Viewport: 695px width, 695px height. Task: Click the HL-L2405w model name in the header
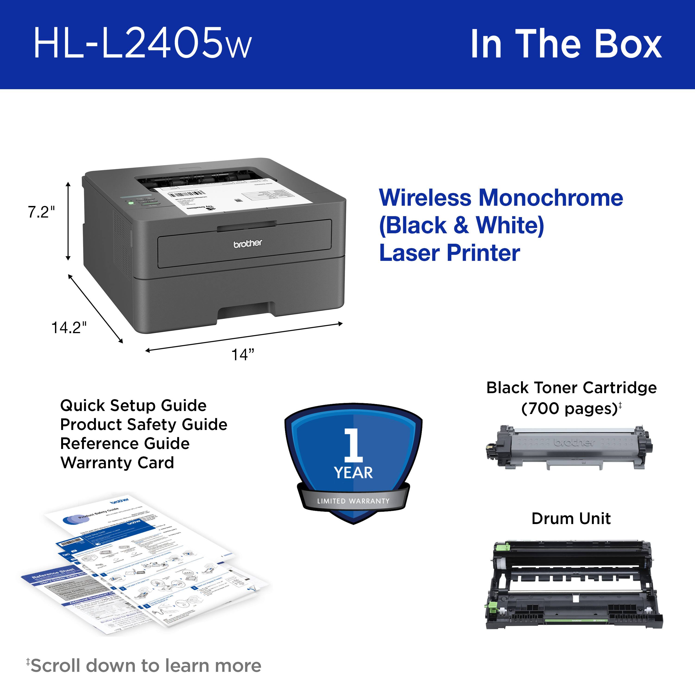point(142,44)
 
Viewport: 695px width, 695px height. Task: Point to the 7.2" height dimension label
point(41,212)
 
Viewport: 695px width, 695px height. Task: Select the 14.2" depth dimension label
point(69,327)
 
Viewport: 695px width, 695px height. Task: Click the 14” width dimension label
point(243,355)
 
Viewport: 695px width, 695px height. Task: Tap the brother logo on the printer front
point(248,243)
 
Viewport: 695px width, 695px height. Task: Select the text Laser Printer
point(450,253)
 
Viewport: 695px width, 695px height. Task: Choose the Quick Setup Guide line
point(133,405)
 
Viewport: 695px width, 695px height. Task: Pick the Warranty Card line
point(117,463)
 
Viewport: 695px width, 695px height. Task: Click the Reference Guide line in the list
point(125,444)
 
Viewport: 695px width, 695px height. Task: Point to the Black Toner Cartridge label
point(571,388)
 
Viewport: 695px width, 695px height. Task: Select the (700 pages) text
point(569,408)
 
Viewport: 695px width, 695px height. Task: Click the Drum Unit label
point(571,519)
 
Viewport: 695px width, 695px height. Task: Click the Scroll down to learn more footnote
point(146,666)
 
